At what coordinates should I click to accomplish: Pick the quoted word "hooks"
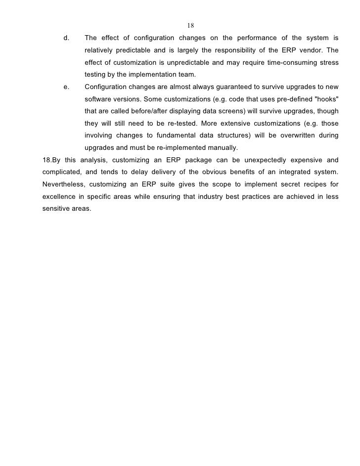coord(326,98)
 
